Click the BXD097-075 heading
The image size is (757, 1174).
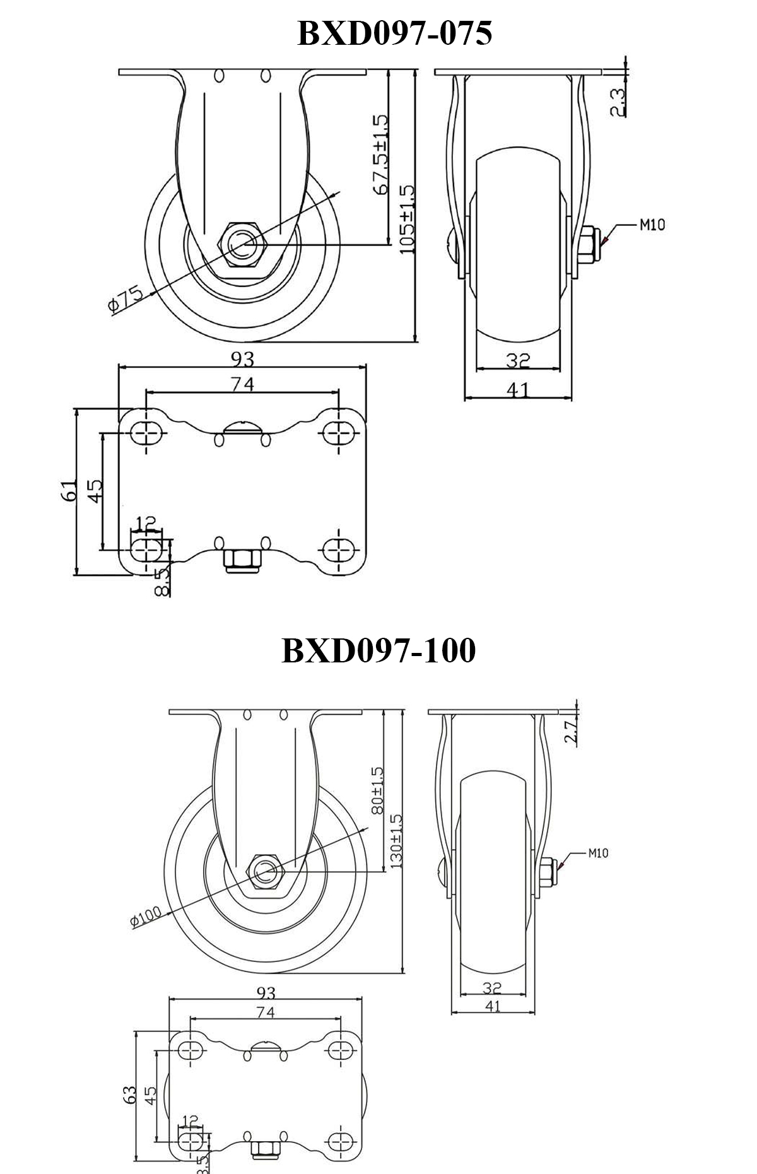tap(394, 33)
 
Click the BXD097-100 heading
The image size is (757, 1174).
tap(378, 650)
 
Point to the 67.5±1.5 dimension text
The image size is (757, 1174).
tap(380, 155)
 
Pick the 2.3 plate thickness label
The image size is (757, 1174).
tap(618, 102)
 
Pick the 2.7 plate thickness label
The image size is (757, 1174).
tap(572, 733)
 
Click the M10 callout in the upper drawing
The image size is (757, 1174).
tap(652, 225)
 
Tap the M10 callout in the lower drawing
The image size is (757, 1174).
tap(598, 854)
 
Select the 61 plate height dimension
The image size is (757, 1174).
tap(70, 490)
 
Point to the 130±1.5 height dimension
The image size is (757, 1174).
tap(397, 841)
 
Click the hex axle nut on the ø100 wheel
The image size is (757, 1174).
tap(266, 872)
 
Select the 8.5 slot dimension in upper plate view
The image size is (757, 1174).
tap(163, 582)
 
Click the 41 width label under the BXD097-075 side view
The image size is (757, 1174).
tap(518, 390)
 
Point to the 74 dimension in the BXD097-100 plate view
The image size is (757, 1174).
tap(266, 1013)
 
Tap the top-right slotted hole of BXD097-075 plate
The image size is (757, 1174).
tap(338, 432)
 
